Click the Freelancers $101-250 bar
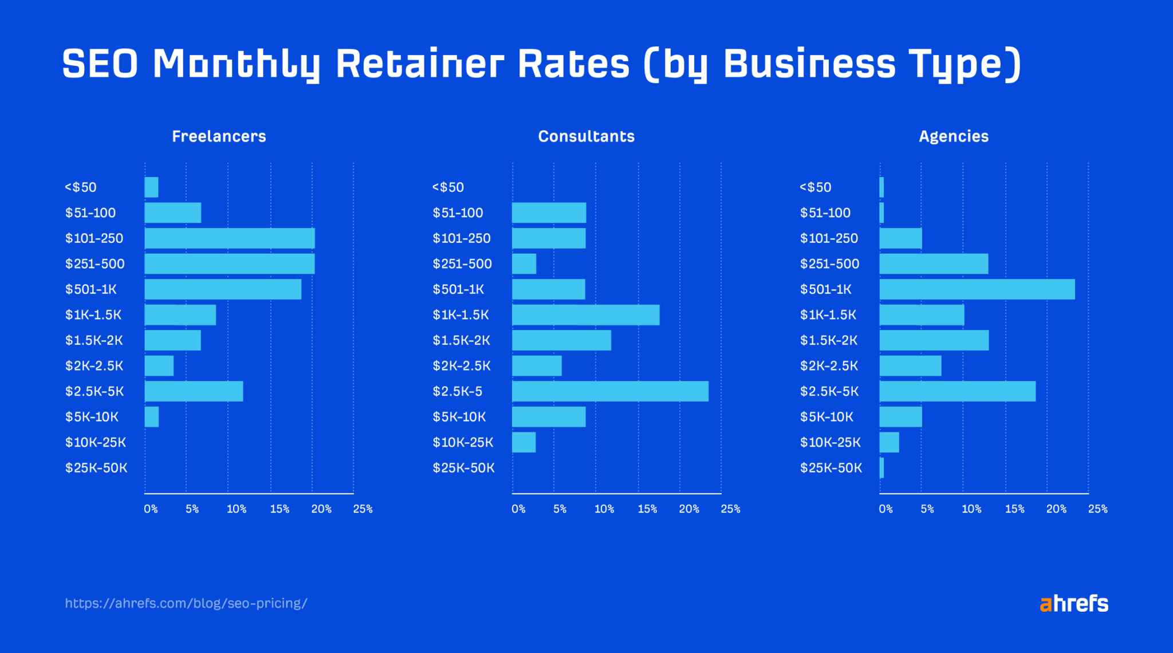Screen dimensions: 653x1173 coord(229,238)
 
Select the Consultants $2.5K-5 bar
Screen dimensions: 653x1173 coord(610,391)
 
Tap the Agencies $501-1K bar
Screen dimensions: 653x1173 coord(977,289)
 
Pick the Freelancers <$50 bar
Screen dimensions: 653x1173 coord(151,187)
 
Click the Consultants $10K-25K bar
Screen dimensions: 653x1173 coord(523,442)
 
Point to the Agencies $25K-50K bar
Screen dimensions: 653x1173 coord(881,468)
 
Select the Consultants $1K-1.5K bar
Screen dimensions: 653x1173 coord(585,315)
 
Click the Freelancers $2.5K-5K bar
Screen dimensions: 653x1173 coord(194,391)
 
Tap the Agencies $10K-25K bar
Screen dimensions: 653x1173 coord(889,442)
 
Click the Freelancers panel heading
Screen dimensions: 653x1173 coord(219,136)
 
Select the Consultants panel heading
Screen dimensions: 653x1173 coord(586,136)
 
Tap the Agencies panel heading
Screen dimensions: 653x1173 coord(954,136)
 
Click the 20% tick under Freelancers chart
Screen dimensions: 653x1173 coord(321,509)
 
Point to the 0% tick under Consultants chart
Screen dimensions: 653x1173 coord(518,509)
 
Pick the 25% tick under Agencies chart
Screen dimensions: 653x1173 coord(1097,509)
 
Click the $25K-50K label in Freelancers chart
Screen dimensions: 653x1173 coord(96,468)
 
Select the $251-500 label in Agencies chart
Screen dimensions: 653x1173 coord(829,264)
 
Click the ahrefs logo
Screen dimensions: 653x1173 coord(1074,603)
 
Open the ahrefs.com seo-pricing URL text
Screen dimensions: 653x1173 coord(186,603)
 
